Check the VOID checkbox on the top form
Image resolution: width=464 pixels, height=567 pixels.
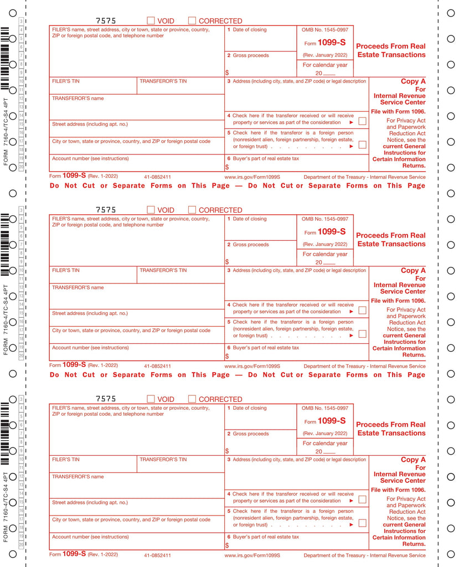tap(151, 21)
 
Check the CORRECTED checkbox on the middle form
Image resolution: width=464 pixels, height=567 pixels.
tap(192, 210)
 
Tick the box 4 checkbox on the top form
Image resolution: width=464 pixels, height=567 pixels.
tap(362, 121)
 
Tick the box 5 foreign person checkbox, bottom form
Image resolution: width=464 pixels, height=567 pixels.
tap(362, 523)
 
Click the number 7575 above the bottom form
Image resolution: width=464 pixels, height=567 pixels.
tap(106, 399)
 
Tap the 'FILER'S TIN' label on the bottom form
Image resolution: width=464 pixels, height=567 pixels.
tap(66, 460)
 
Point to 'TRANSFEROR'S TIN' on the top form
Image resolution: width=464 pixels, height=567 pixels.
tap(163, 81)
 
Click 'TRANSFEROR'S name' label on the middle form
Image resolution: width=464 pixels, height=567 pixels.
tap(78, 288)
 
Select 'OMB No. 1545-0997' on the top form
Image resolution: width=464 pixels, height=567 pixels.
tap(325, 30)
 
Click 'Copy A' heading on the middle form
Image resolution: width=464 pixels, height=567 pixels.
tap(413, 271)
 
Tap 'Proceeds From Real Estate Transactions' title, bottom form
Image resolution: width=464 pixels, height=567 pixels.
tap(391, 429)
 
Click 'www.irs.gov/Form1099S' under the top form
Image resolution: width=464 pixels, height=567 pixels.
tap(252, 177)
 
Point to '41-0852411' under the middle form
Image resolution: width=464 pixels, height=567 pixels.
tap(157, 366)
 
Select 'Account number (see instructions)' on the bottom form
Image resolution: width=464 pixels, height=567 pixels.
tap(90, 537)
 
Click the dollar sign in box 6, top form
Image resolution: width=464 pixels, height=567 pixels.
tap(227, 167)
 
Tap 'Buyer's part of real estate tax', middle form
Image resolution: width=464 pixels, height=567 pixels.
tap(266, 348)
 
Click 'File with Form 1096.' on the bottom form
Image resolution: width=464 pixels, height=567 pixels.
tap(398, 490)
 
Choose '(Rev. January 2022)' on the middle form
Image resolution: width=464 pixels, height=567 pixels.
tap(325, 245)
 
